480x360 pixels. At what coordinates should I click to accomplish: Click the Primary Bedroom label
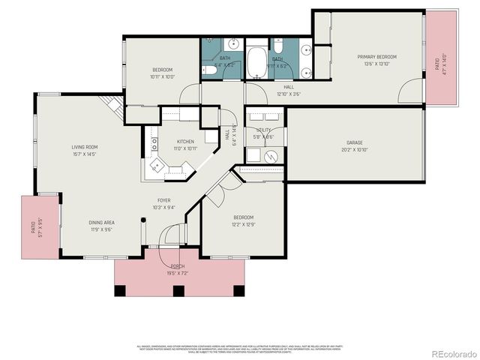tap(376, 57)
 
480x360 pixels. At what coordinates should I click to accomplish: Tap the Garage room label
tap(355, 142)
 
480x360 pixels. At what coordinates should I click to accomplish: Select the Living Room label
tap(88, 147)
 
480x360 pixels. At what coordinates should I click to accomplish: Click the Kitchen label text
tap(185, 142)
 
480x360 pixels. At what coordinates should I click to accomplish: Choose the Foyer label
tap(163, 201)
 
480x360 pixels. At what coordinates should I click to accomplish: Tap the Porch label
tap(178, 266)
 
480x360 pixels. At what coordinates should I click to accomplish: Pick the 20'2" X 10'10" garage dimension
tap(355, 150)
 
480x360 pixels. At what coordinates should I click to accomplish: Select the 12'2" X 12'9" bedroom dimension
tap(243, 224)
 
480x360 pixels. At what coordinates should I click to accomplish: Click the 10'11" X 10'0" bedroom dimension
tap(162, 76)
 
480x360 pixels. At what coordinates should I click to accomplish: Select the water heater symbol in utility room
tap(271, 157)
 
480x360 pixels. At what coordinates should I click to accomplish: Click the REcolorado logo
tap(452, 353)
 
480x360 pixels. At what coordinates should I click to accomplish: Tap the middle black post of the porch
tap(178, 290)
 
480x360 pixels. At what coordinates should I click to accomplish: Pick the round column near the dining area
tap(144, 220)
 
